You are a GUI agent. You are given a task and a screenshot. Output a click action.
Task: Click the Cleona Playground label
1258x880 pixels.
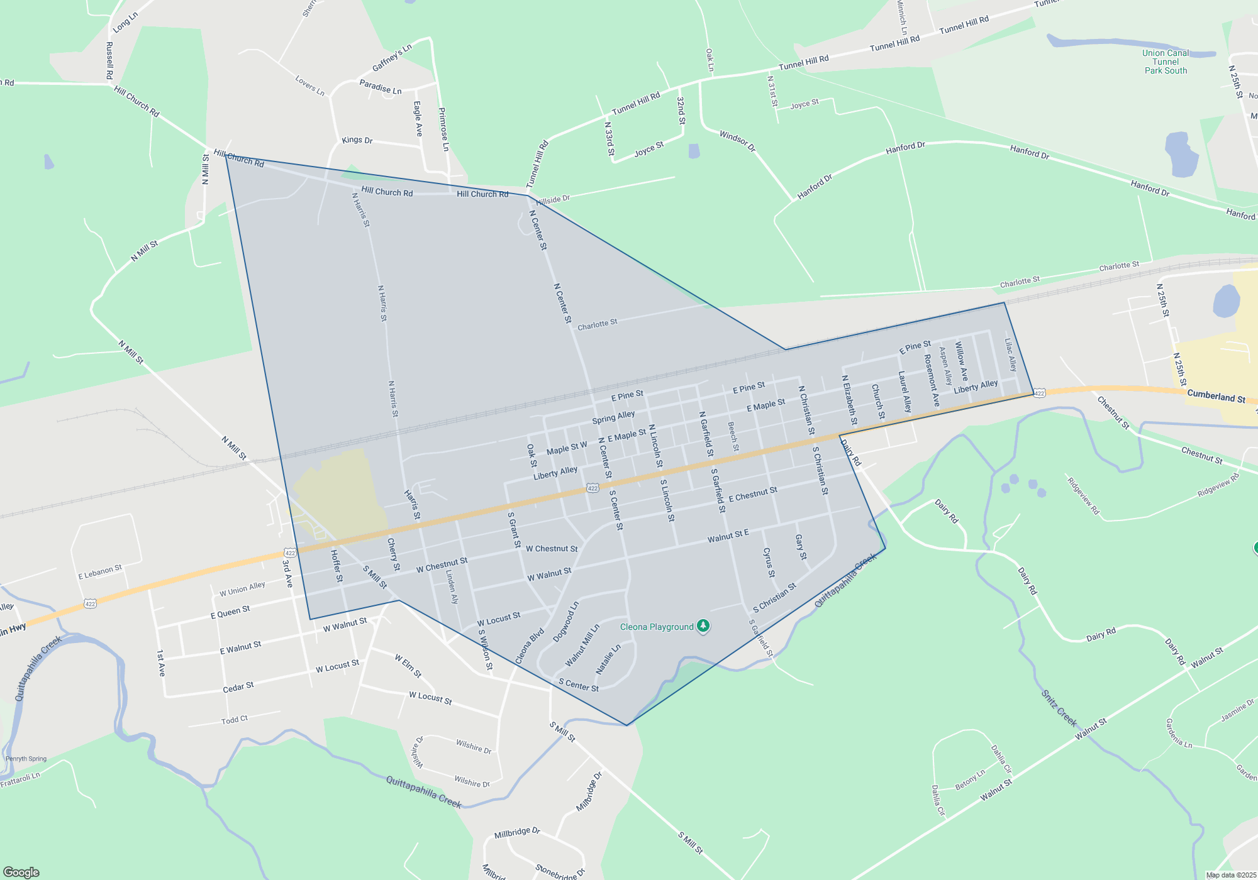click(657, 627)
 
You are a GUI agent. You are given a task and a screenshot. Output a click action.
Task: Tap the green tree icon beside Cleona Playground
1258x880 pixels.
click(703, 626)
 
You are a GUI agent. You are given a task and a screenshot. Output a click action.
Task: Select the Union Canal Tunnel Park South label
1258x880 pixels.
click(1166, 62)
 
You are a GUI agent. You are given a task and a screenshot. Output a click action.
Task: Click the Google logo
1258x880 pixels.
click(21, 872)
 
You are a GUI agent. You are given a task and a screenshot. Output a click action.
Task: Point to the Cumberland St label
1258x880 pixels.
click(1216, 397)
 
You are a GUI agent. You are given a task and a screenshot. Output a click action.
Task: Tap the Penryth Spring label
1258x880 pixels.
click(26, 759)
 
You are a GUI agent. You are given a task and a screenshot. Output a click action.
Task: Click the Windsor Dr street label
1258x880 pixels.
click(737, 141)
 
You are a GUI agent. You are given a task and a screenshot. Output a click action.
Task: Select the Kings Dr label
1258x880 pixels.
click(357, 140)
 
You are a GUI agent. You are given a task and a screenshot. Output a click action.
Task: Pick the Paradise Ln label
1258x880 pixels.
click(380, 87)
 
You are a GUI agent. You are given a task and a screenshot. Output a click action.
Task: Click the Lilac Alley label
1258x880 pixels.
click(1010, 355)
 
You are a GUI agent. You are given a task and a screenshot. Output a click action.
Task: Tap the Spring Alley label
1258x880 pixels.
click(613, 417)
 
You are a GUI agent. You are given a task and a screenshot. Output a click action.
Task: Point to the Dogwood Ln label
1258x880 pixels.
click(565, 622)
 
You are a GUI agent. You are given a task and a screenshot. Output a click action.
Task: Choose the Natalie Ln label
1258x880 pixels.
click(608, 659)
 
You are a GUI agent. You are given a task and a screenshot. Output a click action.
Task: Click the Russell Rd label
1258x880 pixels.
click(109, 60)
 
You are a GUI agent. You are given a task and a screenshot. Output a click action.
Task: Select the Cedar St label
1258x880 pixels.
click(238, 687)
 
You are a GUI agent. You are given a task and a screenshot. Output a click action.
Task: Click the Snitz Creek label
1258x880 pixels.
click(1059, 708)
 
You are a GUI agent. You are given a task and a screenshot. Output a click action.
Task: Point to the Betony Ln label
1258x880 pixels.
click(970, 780)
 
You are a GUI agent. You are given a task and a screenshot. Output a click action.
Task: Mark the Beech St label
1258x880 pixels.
click(733, 436)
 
